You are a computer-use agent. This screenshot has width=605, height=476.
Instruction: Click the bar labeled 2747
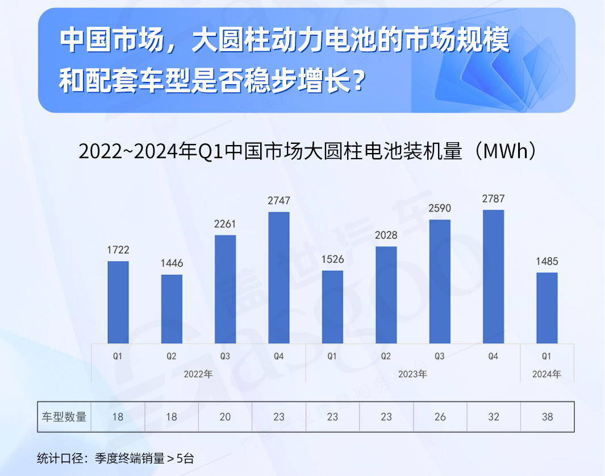pyautogui.click(x=279, y=278)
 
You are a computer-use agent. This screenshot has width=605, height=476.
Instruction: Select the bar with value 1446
pyautogui.click(x=172, y=309)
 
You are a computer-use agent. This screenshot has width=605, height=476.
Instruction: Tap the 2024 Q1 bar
pyautogui.click(x=547, y=308)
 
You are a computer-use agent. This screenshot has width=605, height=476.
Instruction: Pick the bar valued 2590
pyautogui.click(x=440, y=282)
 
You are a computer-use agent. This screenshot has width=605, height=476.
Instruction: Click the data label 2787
pyautogui.click(x=493, y=199)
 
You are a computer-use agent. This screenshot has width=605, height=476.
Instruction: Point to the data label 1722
pyautogui.click(x=118, y=250)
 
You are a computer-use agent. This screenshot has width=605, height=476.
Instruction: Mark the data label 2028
pyautogui.click(x=386, y=235)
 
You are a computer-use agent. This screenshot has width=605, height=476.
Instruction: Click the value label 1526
pyautogui.click(x=332, y=259)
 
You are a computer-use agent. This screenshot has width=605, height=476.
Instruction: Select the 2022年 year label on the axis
pyautogui.click(x=198, y=374)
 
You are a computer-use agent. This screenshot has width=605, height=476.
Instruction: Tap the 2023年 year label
pyautogui.click(x=412, y=374)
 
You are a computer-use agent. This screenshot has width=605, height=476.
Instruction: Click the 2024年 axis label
pyautogui.click(x=546, y=374)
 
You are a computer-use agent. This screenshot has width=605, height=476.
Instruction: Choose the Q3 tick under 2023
pyautogui.click(x=440, y=357)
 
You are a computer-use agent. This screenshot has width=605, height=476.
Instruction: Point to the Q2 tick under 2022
pyautogui.click(x=172, y=357)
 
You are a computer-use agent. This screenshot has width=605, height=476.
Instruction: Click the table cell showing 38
pyautogui.click(x=547, y=417)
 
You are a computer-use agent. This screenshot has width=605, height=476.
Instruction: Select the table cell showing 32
pyautogui.click(x=494, y=417)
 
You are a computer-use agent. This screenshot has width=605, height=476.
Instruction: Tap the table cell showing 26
pyautogui.click(x=440, y=417)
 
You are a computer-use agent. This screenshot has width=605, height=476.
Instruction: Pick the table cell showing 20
pyautogui.click(x=226, y=417)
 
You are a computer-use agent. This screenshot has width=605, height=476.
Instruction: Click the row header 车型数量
pyautogui.click(x=64, y=417)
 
